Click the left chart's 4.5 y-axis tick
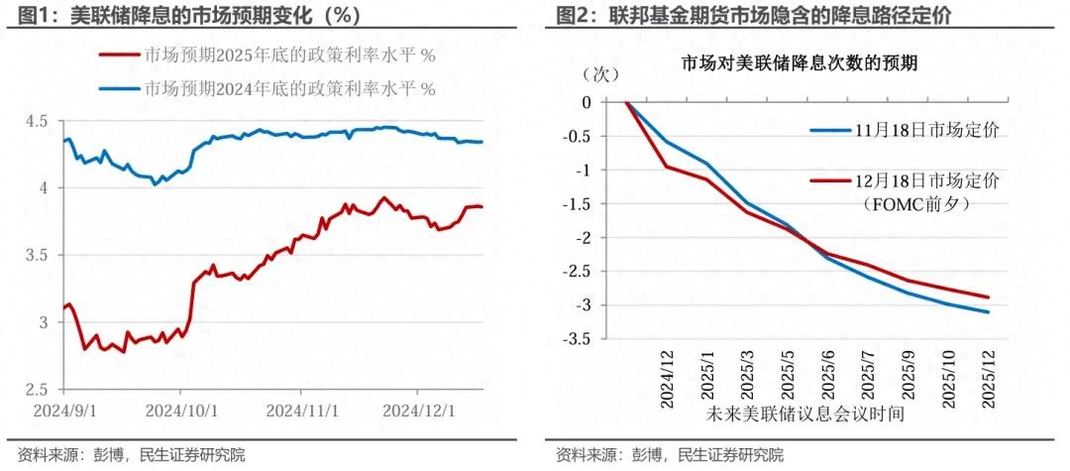(40, 121)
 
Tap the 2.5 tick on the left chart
(40, 390)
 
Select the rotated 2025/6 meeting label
(827, 377)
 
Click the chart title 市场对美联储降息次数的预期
(799, 64)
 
